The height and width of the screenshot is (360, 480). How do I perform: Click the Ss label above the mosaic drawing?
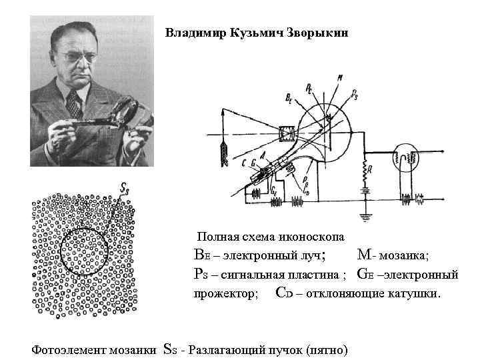[124, 189]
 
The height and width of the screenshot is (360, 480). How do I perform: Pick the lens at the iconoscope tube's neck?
[286, 133]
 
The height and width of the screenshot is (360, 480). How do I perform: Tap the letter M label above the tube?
[341, 78]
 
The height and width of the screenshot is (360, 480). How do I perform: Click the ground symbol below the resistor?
[365, 216]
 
